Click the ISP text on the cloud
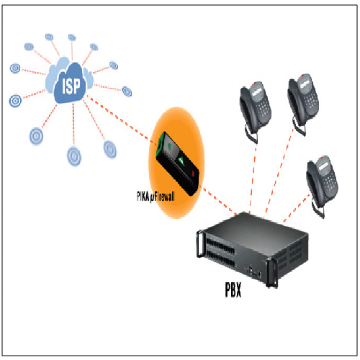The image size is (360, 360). pos(71,86)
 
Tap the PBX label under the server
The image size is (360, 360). pos(233,289)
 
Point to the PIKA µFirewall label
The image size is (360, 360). pos(156,197)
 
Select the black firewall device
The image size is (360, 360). pos(177,163)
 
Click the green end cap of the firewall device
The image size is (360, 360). pos(160,144)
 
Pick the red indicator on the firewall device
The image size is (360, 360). pos(194,174)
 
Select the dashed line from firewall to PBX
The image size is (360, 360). pos(219,201)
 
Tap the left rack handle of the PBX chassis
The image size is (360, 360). pos(199,243)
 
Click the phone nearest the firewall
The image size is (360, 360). pos(255,110)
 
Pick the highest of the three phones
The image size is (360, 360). pos(303,103)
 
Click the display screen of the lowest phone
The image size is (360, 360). pos(323,166)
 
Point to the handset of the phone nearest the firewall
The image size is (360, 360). pos(247,110)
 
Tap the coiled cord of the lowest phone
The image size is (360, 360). pos(318,210)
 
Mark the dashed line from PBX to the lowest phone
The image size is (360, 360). pos(297,208)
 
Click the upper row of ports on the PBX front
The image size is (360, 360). pos(220,246)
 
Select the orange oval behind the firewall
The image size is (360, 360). pos(176,163)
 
